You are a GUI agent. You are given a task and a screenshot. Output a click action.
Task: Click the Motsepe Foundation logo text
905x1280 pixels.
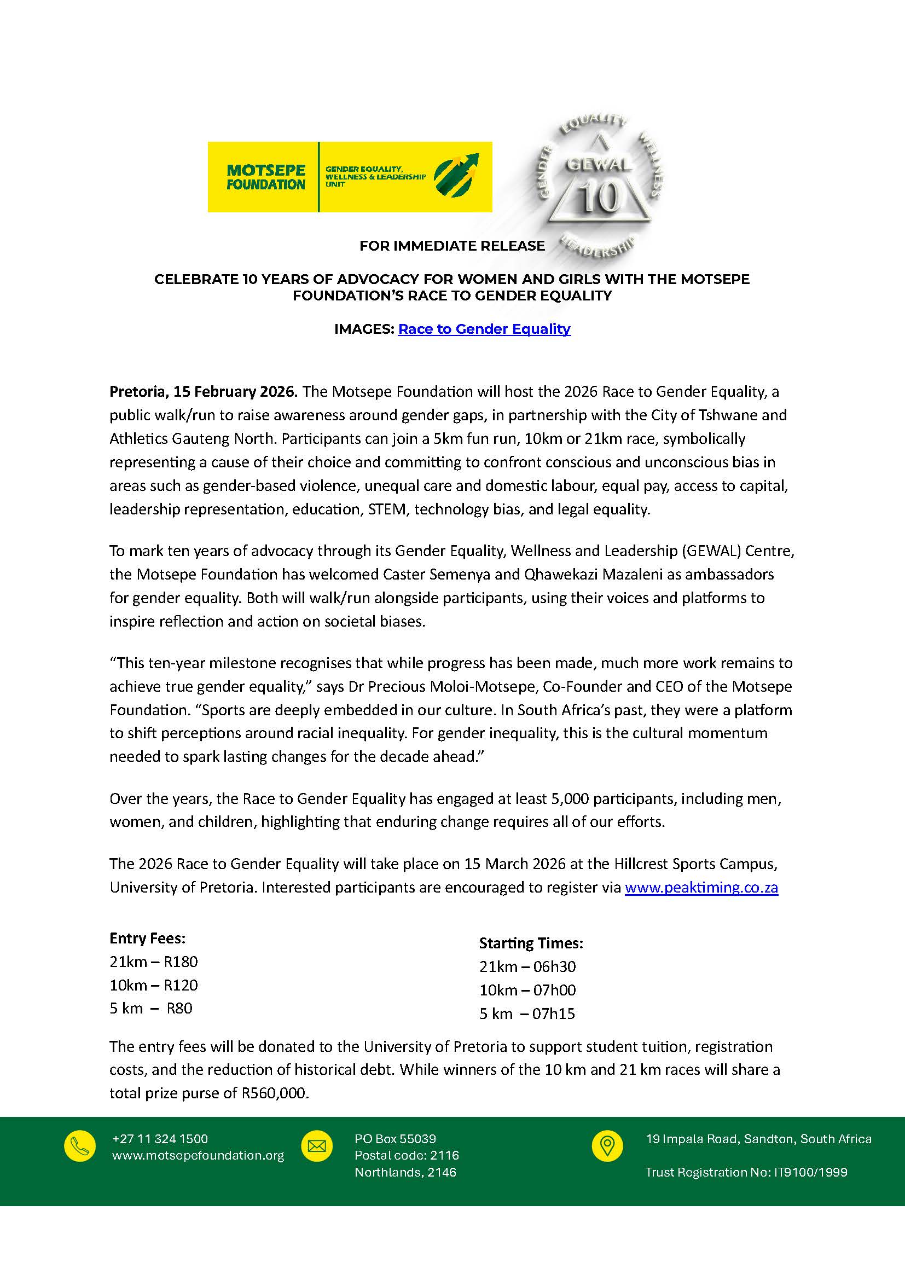[266, 177]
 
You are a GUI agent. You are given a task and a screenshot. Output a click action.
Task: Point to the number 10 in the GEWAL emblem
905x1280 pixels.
[599, 198]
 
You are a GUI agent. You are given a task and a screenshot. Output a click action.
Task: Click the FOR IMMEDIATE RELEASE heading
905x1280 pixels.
[452, 246]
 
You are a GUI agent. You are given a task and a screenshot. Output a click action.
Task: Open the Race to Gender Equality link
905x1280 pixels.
[484, 329]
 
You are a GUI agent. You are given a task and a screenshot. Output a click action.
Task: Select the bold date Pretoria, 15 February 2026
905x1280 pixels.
[204, 391]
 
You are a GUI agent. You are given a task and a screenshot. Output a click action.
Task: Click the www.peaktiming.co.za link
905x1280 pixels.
[701, 887]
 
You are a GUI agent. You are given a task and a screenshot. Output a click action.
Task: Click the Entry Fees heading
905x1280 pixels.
[147, 939]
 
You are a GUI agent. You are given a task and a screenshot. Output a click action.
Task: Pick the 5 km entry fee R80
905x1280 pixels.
[179, 1008]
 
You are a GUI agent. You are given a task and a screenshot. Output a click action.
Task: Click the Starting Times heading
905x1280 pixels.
[531, 943]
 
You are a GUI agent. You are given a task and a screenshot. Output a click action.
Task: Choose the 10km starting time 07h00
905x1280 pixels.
[554, 990]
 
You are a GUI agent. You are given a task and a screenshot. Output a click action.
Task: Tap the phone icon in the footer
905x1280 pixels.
[80, 1146]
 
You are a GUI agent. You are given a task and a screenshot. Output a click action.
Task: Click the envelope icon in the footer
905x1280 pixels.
[316, 1146]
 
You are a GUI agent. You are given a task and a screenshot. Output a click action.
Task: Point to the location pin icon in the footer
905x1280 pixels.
[607, 1146]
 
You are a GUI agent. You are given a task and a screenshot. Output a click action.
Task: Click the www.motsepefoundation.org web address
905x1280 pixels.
[198, 1155]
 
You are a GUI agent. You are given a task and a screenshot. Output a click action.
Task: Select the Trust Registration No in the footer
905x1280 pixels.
[746, 1172]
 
